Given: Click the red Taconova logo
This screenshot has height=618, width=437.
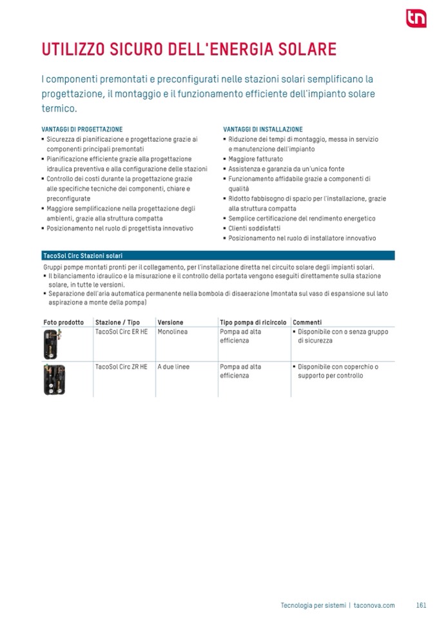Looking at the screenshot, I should coord(415,19).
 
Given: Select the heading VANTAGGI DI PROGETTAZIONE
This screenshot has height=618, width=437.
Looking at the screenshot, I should coord(82,130).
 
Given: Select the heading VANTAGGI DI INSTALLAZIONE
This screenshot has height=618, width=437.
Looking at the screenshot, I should coord(262,130).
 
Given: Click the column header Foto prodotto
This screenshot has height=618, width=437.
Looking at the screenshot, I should coord(63,322).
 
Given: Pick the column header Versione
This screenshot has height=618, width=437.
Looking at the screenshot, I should coord(170,322).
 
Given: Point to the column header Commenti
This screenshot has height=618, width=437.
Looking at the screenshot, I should coord(307,322).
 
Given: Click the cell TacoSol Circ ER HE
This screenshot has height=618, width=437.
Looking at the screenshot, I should coord(121,331).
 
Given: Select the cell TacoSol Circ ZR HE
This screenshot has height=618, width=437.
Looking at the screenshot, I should coord(121,367).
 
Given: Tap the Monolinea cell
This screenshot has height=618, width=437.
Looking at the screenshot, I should coord(173,331).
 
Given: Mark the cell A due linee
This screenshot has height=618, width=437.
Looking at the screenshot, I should coord(173,367).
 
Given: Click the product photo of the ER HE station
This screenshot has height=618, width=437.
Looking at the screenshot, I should coord(50,344).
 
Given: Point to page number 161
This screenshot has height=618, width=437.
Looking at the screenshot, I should coord(422,605).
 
